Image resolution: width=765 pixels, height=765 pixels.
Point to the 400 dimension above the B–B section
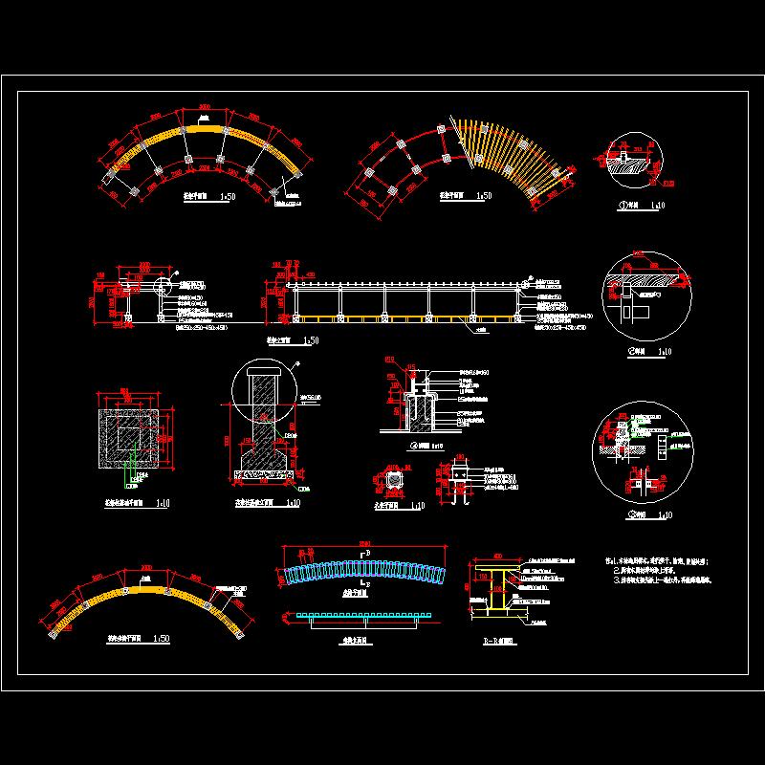[497, 557]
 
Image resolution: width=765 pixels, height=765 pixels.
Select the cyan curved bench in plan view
[363, 572]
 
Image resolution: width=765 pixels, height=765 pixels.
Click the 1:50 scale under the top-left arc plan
[228, 197]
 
